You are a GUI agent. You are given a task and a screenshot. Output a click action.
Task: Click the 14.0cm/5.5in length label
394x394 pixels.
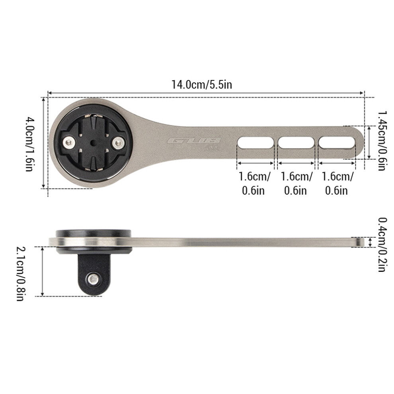tap(201, 84)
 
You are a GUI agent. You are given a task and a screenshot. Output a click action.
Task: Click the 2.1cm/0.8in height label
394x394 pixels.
tap(21, 274)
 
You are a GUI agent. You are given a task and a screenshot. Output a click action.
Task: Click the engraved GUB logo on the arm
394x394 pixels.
tap(194, 141)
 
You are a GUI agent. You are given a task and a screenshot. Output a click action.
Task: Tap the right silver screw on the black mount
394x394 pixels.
tap(118, 143)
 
